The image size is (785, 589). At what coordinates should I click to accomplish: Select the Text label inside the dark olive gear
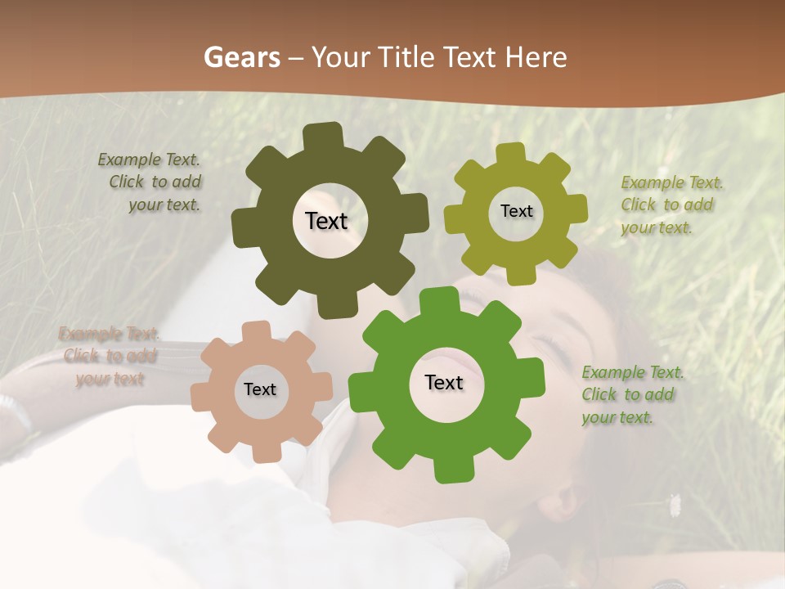click(x=326, y=221)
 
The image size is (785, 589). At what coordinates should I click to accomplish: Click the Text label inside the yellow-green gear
click(x=516, y=211)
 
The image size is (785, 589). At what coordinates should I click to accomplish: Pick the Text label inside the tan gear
click(x=260, y=389)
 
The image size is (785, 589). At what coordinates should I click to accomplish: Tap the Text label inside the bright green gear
click(x=444, y=382)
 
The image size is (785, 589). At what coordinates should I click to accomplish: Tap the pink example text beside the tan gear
click(x=109, y=356)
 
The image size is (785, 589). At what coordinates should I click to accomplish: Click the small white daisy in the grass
click(x=675, y=505)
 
